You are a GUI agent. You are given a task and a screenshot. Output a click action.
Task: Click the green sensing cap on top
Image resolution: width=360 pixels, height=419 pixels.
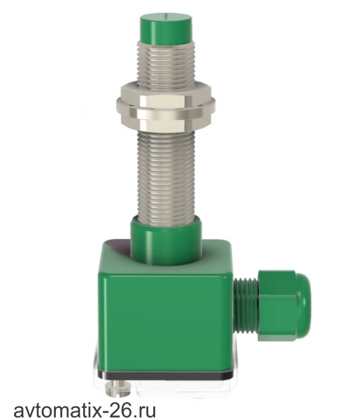click(166, 28)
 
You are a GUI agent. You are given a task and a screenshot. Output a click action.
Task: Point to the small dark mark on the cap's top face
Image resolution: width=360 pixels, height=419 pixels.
click(166, 17)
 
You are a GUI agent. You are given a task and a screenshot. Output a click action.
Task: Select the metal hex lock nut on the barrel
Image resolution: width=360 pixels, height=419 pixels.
click(166, 110)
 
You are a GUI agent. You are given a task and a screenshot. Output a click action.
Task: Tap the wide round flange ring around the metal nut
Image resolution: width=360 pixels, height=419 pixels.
click(166, 105)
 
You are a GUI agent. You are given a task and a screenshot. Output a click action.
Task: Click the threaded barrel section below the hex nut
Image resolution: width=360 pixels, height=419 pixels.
click(166, 177)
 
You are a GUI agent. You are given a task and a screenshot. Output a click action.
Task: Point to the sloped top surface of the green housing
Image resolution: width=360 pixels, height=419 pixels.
click(115, 251)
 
